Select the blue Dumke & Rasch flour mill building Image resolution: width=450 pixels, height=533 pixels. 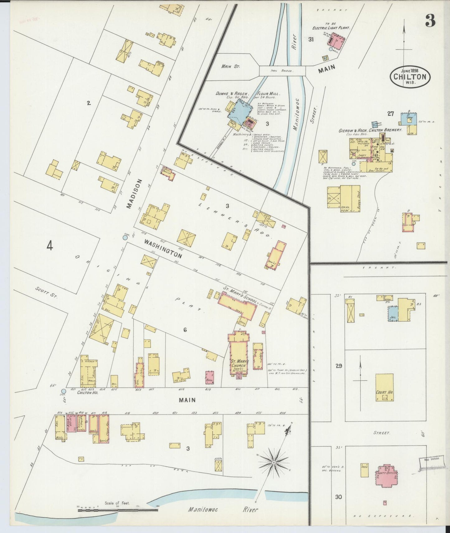click(238, 111)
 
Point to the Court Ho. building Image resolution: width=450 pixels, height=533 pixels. click(384, 387)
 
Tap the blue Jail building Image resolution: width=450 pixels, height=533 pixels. click(393, 314)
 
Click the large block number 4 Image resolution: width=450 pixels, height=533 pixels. click(50, 246)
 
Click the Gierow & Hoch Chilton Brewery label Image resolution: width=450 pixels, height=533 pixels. click(370, 130)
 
